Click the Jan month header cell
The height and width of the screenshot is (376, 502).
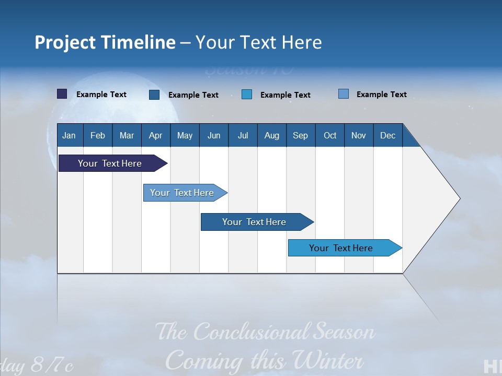point(70,135)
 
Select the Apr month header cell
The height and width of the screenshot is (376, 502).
point(156,135)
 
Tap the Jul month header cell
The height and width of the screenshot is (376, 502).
point(243,135)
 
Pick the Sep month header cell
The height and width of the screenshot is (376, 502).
point(301,135)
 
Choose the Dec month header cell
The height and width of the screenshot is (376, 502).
point(387,135)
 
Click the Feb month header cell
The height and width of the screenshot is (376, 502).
point(98,135)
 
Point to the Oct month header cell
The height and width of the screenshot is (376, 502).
point(330,135)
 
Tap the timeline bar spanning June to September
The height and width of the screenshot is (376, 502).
point(255,222)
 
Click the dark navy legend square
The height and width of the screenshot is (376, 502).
point(62,94)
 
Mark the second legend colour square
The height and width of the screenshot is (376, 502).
point(154,95)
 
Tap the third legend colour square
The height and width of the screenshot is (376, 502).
point(247,94)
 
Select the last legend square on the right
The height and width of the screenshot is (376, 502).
point(344,94)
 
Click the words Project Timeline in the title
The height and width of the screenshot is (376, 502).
point(105,42)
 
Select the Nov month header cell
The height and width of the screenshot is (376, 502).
point(359,135)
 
